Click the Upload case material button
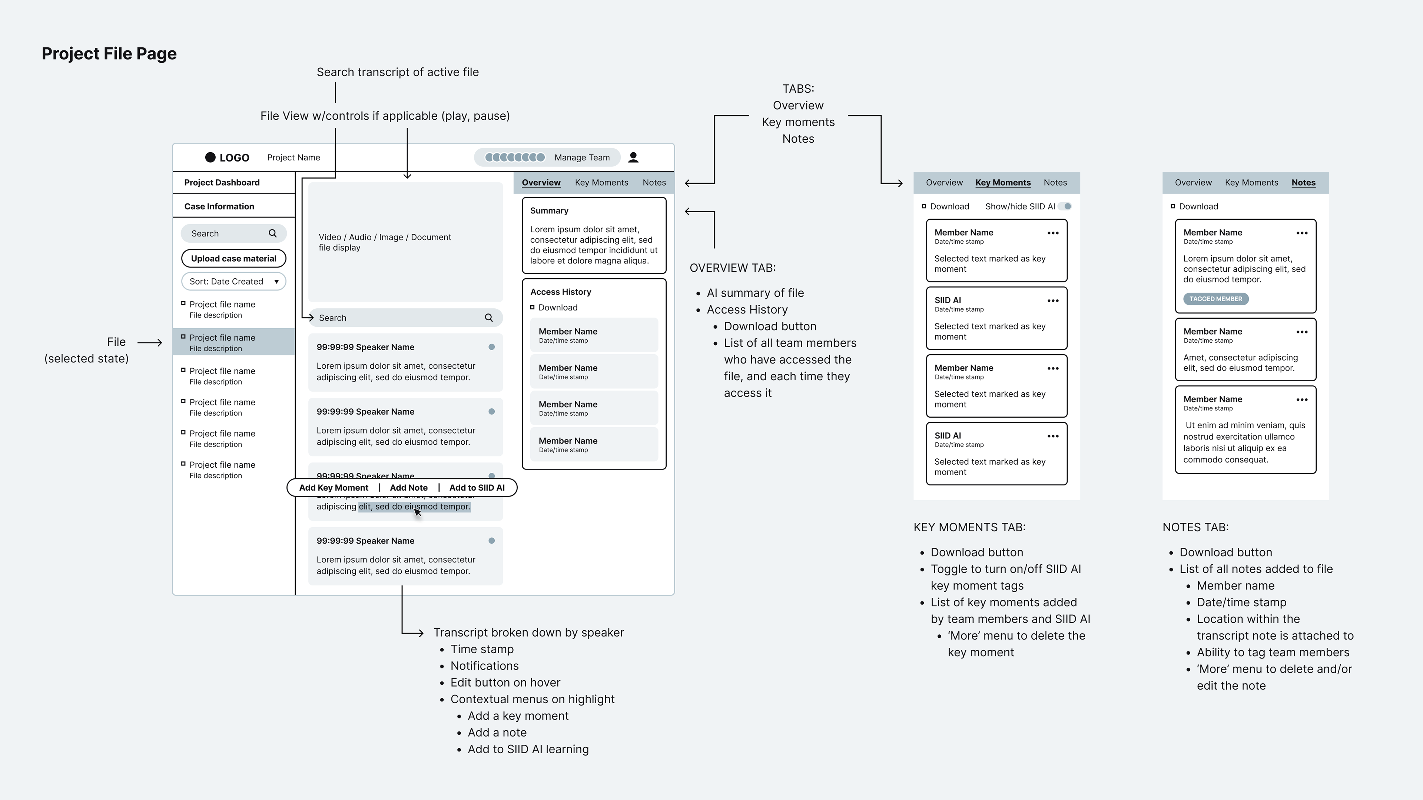234,259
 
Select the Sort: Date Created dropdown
234,281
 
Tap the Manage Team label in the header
582,157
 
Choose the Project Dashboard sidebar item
222,182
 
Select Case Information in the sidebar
219,206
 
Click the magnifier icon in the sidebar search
272,233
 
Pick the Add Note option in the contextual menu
409,487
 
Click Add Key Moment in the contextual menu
334,487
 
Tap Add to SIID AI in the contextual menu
477,487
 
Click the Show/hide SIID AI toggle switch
1065,206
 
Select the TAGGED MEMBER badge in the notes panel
1215,299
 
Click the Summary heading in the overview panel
549,210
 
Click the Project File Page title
109,54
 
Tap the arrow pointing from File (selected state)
150,342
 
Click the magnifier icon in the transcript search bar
489,318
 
